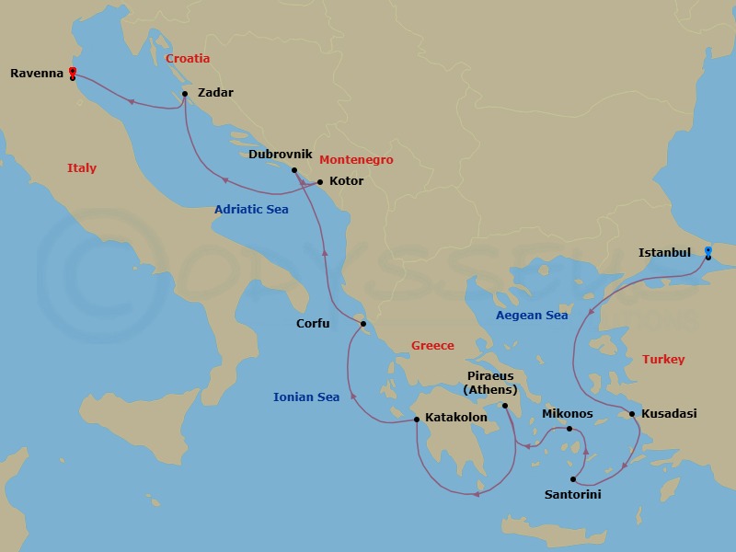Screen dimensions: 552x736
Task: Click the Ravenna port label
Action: tap(37, 73)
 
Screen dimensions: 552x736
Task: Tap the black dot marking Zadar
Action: tap(185, 93)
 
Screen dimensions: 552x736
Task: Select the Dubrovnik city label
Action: tap(281, 155)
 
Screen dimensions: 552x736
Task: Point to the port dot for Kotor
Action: tap(319, 181)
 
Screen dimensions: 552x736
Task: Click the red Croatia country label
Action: tap(188, 59)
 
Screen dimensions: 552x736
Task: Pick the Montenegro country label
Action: tap(356, 160)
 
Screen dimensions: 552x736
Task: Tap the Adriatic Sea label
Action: tap(251, 210)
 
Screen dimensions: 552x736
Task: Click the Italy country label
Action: tap(82, 168)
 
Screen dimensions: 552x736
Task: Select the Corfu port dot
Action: tap(363, 324)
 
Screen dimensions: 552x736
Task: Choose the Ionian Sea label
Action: tap(306, 397)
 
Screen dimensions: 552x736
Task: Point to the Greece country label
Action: tap(432, 346)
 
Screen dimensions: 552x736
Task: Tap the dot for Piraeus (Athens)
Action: tap(505, 406)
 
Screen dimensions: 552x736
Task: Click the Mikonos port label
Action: tap(568, 414)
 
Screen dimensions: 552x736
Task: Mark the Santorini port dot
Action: tap(572, 479)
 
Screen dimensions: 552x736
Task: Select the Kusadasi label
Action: tap(669, 414)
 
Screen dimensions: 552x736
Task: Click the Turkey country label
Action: tap(663, 360)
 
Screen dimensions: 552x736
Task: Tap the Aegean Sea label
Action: tap(532, 315)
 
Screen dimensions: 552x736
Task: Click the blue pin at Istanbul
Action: tap(707, 251)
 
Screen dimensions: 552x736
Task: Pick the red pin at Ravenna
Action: tap(72, 72)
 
